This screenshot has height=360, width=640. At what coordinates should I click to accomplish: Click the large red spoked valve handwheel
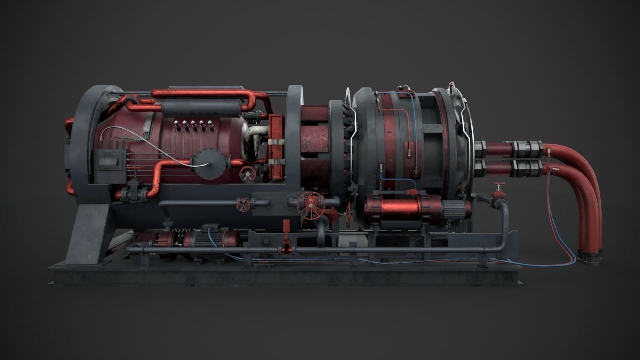pyautogui.click(x=310, y=205)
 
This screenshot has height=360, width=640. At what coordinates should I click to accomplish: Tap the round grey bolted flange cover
pyautogui.click(x=209, y=163)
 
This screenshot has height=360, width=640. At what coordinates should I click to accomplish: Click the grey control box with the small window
pyautogui.click(x=110, y=160)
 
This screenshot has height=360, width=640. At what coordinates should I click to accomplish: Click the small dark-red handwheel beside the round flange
pyautogui.click(x=247, y=174)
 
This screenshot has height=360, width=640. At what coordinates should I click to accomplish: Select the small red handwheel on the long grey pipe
pyautogui.click(x=243, y=204)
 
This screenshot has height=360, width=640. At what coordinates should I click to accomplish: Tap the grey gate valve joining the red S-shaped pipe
pyautogui.click(x=133, y=192)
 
